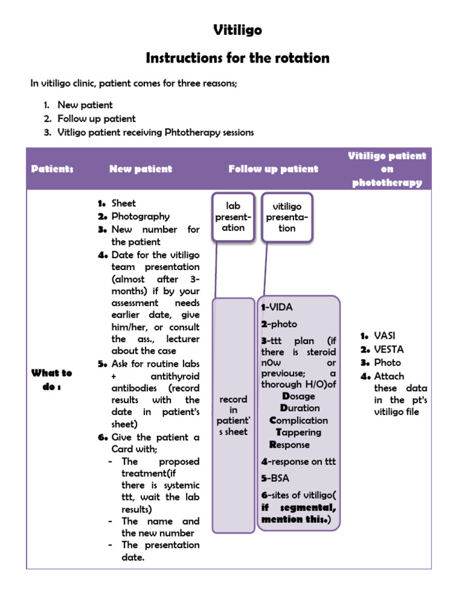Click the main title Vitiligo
(x=238, y=30)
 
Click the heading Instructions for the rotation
(x=238, y=58)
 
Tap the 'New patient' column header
(x=141, y=169)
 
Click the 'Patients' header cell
(x=52, y=169)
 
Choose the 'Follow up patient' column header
(x=273, y=169)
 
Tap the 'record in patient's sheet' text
(x=233, y=415)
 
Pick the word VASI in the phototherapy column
(x=385, y=336)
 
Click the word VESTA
(x=389, y=349)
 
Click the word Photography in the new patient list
(x=140, y=217)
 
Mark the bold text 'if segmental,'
(x=298, y=507)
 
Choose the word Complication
(x=298, y=420)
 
